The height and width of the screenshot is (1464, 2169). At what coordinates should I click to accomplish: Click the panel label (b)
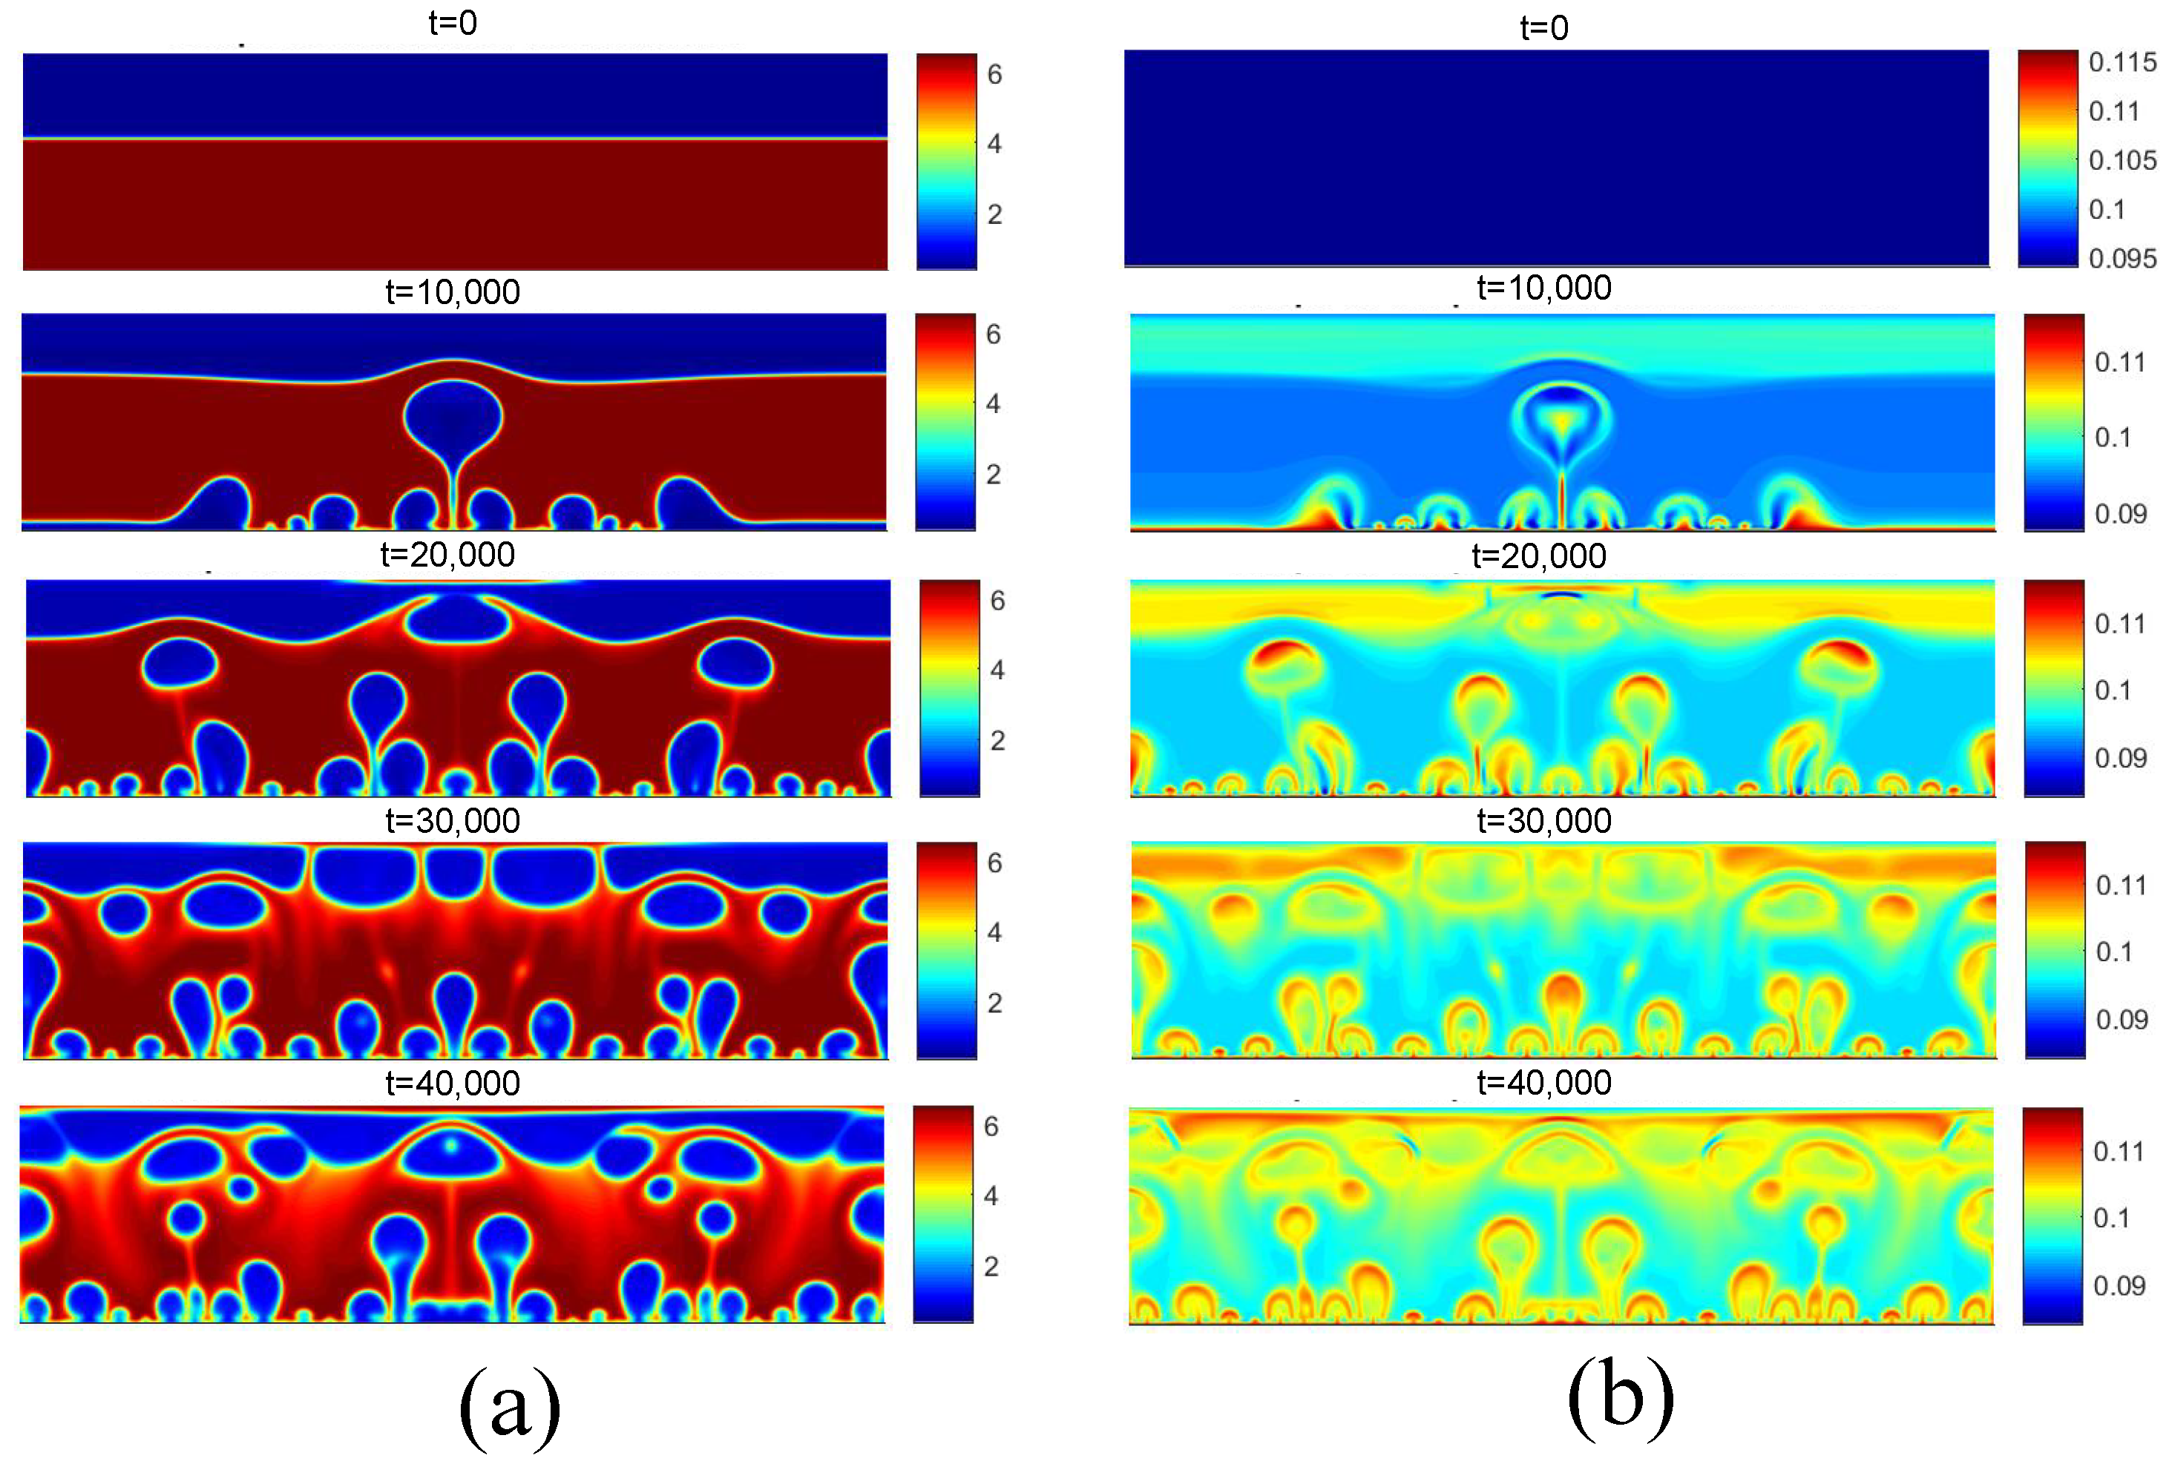pos(1620,1399)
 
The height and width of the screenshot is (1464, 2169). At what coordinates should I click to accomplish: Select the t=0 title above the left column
pos(453,22)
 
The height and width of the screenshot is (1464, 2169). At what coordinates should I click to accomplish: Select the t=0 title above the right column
pos(1543,28)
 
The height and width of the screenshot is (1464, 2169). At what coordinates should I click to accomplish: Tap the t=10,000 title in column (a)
pos(453,292)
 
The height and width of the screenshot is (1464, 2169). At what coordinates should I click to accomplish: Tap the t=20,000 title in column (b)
pos(1539,556)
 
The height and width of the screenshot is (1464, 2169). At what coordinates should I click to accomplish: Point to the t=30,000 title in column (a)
pos(453,821)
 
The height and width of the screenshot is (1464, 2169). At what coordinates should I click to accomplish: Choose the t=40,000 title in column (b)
pos(1543,1082)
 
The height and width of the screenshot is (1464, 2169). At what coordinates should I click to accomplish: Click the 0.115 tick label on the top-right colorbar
pos(2122,62)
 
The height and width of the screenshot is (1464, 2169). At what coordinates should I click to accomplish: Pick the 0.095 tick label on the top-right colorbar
pos(2122,259)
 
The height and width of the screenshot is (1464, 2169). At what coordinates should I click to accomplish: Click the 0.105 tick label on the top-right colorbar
pos(2122,160)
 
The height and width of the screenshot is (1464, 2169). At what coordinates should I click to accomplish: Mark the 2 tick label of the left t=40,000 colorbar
pos(991,1266)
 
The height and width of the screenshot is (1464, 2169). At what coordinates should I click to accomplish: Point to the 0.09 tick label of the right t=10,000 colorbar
pos(2121,513)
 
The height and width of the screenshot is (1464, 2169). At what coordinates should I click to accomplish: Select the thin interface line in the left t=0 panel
pos(455,139)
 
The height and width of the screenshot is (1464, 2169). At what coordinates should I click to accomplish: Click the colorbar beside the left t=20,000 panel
pos(949,688)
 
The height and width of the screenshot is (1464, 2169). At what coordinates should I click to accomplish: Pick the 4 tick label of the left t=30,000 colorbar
pos(995,932)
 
